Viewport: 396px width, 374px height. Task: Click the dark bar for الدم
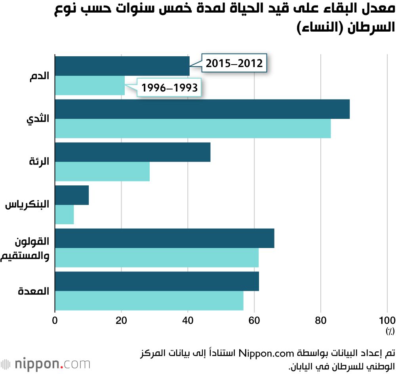point(122,66)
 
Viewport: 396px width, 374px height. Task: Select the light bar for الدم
point(89,86)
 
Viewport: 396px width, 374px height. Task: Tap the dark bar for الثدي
point(202,109)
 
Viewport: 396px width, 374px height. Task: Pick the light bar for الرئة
point(102,172)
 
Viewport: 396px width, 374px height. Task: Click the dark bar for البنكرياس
point(72,195)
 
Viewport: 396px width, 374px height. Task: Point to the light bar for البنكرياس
point(64,215)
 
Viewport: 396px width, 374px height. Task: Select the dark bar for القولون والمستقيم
point(164,239)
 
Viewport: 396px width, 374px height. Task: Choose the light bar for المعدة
point(149,301)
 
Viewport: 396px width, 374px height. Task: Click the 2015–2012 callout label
point(234,63)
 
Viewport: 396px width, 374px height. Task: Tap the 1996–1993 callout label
point(169,88)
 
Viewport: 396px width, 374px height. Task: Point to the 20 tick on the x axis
point(121,320)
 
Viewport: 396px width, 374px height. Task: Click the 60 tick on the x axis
point(254,320)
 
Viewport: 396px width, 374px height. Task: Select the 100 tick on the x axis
point(386,320)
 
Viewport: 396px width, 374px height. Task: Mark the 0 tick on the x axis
point(55,320)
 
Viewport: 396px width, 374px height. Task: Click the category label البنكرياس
point(27,205)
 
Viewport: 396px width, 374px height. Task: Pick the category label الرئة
point(39,162)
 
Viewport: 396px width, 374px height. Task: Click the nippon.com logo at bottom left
point(46,363)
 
